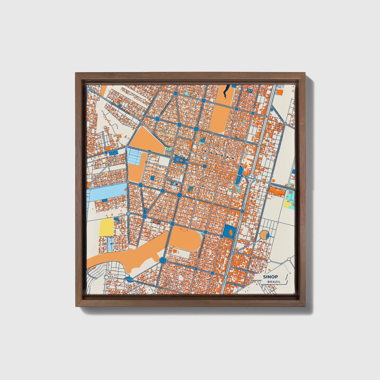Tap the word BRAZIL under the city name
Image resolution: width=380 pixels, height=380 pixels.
click(x=273, y=282)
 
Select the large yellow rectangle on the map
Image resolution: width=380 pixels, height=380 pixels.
click(x=106, y=227)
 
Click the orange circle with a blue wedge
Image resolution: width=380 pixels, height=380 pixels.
click(x=264, y=235)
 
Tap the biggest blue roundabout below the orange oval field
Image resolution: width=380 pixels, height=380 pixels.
click(x=163, y=261)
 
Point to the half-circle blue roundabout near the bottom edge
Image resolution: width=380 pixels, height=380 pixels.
click(x=129, y=280)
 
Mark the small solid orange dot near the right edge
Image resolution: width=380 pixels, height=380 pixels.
click(x=273, y=181)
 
